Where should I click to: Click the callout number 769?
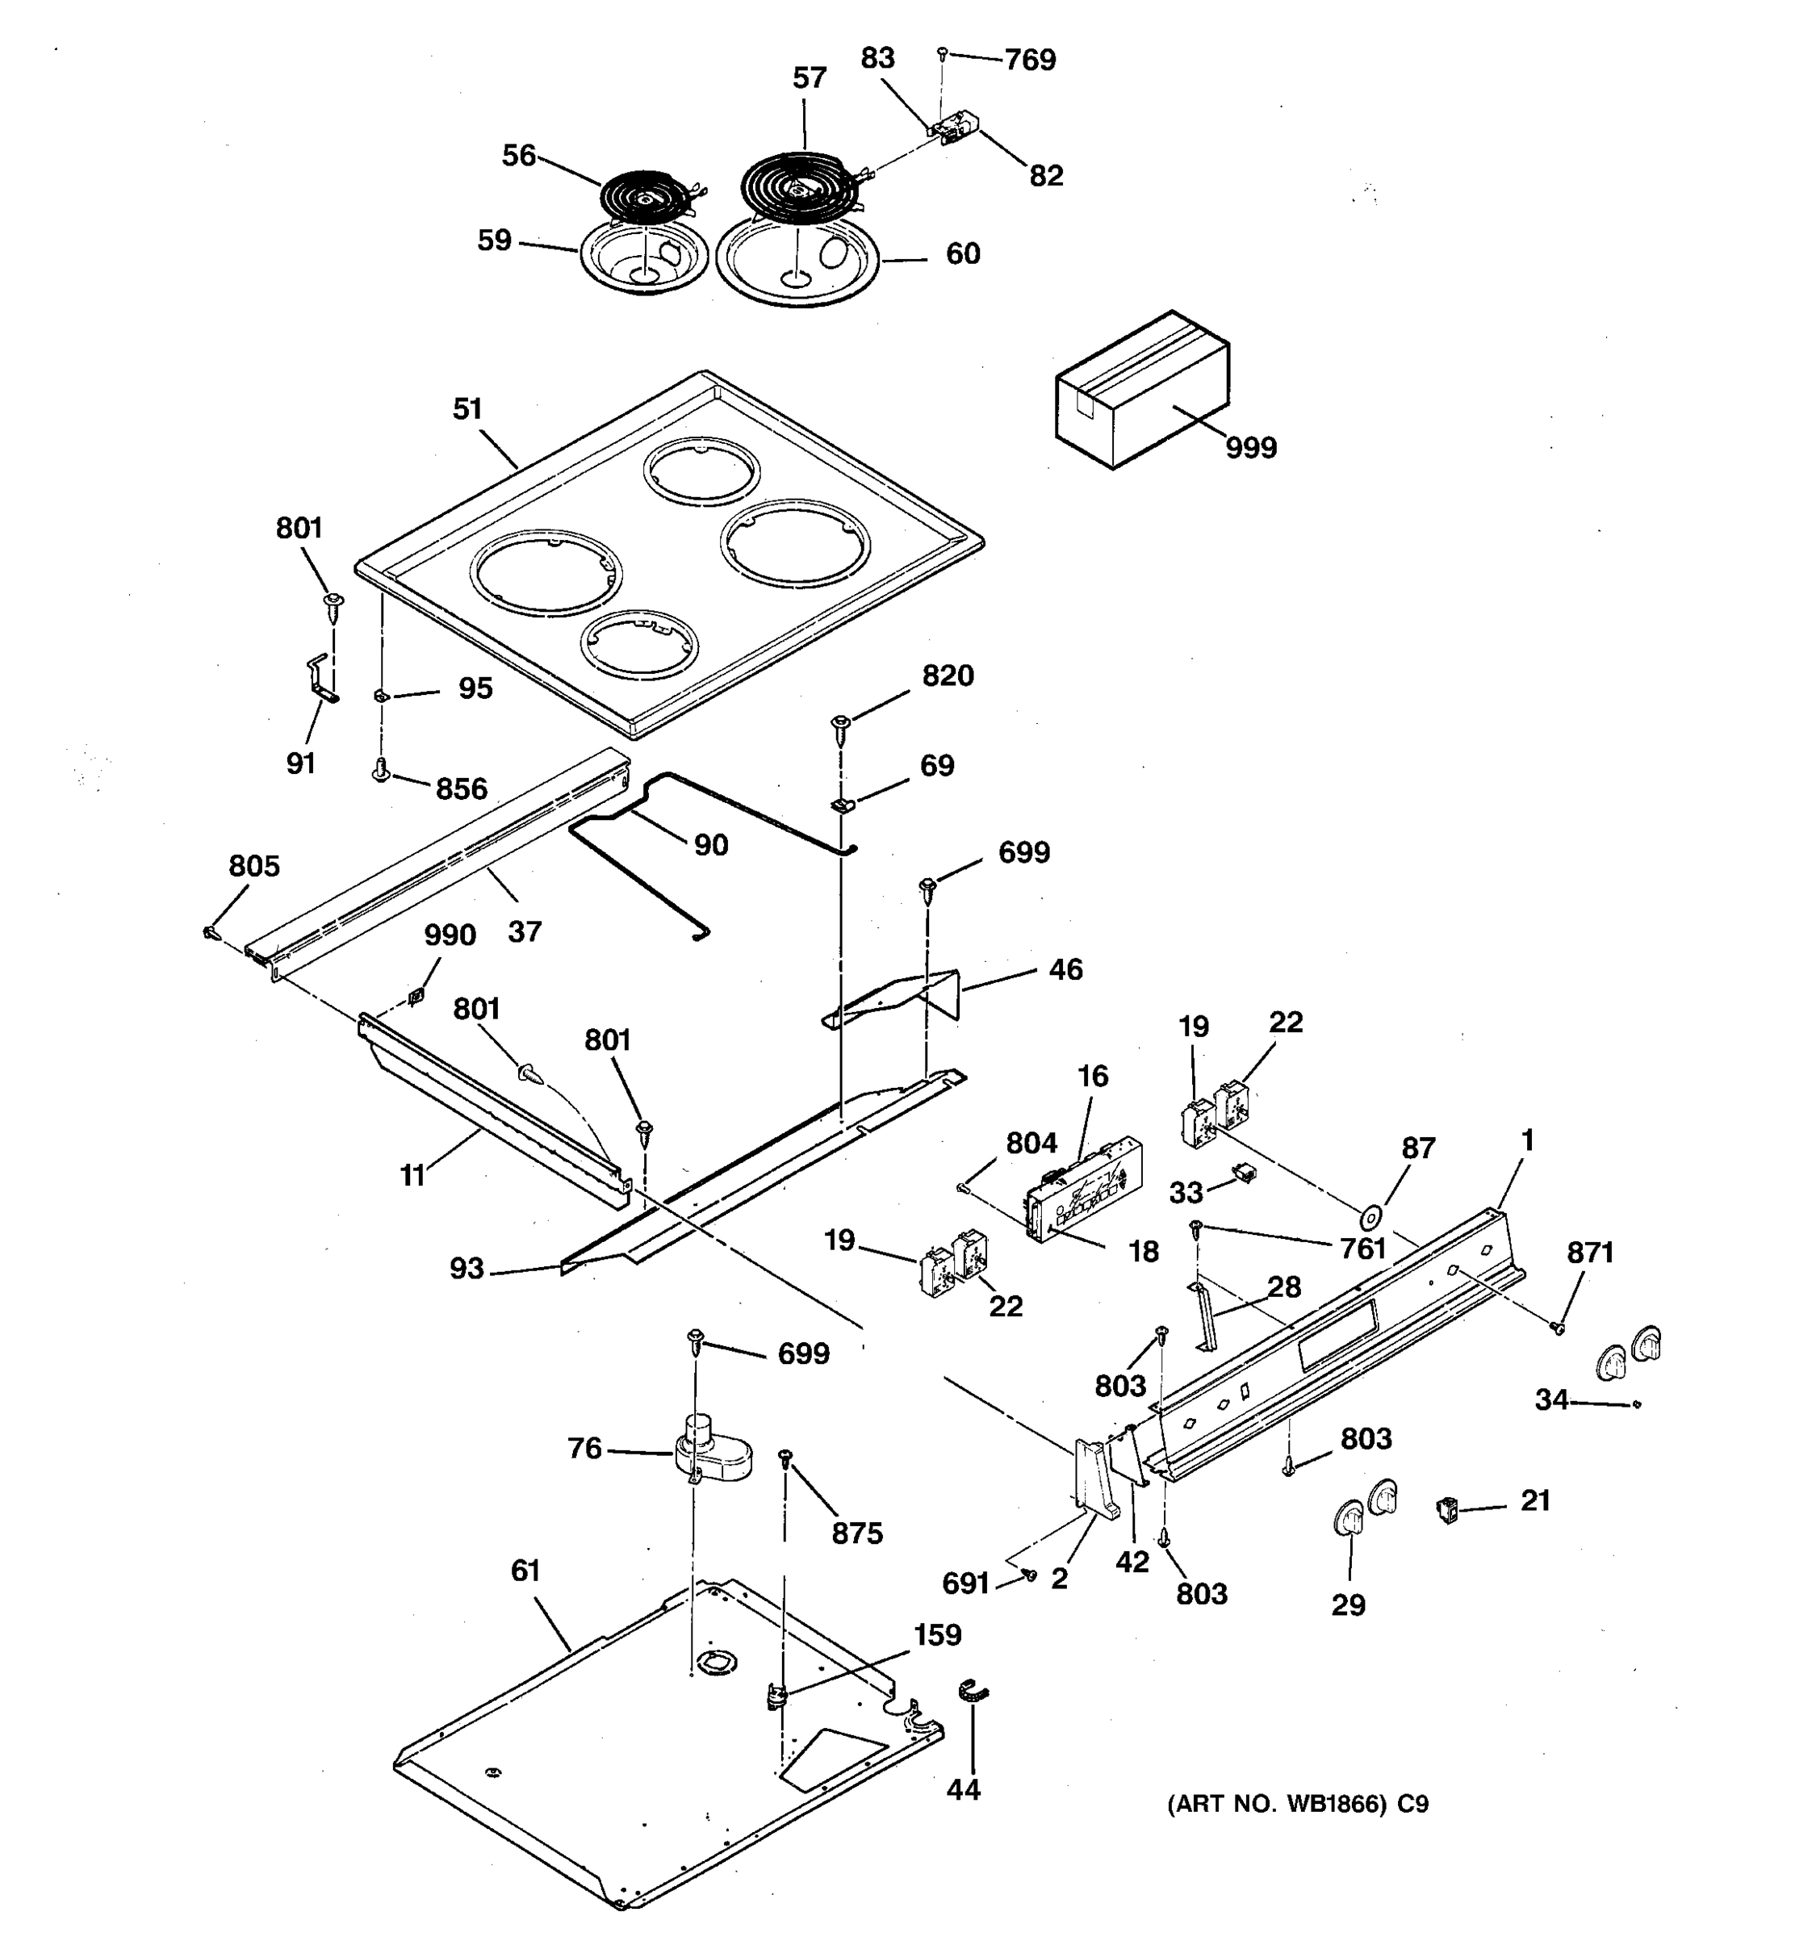[x=1030, y=61]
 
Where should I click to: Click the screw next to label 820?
[x=841, y=725]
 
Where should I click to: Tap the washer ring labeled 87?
[x=1370, y=1217]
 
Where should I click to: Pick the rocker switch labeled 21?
[x=1448, y=1511]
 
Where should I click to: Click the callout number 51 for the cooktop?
[x=467, y=409]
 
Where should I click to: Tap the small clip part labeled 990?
[x=416, y=996]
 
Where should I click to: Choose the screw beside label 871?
[x=1558, y=1328]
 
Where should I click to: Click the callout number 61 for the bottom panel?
[x=525, y=1571]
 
